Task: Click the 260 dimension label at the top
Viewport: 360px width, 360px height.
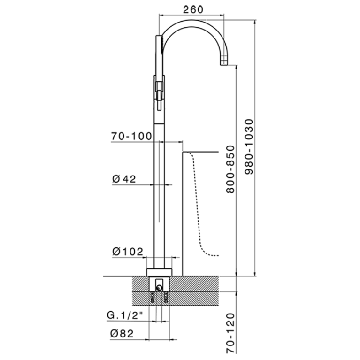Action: point(193,9)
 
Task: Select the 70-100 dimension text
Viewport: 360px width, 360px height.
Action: point(132,136)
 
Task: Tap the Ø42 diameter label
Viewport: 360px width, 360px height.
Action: point(124,179)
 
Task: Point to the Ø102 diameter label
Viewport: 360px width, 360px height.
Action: point(128,252)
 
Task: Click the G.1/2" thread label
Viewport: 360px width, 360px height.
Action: point(125,315)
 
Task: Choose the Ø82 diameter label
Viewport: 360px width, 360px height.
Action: point(122,334)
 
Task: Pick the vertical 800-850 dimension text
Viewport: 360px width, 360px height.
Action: point(230,169)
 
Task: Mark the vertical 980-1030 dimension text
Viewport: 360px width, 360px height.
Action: point(248,147)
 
